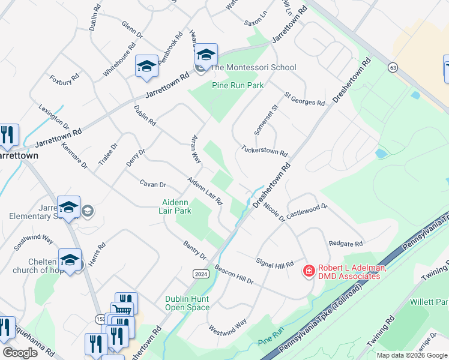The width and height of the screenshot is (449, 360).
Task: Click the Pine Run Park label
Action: click(x=238, y=86)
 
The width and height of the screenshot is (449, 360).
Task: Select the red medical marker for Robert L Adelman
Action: click(x=309, y=271)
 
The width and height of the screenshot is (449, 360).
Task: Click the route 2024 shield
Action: click(x=201, y=274)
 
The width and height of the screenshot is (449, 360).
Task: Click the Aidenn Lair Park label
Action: click(x=175, y=206)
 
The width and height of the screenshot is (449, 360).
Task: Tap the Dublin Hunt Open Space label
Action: click(x=188, y=303)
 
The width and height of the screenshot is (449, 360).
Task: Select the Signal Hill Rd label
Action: click(x=275, y=263)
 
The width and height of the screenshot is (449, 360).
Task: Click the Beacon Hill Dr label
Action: click(x=234, y=275)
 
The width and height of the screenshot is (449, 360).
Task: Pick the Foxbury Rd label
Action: click(x=65, y=79)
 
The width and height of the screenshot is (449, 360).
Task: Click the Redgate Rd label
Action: click(x=346, y=244)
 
